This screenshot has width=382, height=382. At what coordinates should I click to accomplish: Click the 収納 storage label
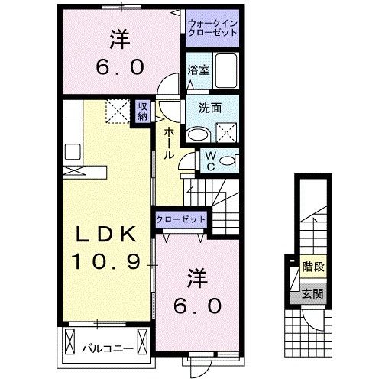coord(143,112)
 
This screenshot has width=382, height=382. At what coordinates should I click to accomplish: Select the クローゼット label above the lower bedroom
coord(181,219)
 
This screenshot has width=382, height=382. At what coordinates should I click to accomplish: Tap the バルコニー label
coord(108,350)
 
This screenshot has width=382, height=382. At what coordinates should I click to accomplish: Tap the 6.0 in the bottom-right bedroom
coord(196,306)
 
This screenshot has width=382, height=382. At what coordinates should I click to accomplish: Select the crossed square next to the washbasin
coord(227,134)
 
